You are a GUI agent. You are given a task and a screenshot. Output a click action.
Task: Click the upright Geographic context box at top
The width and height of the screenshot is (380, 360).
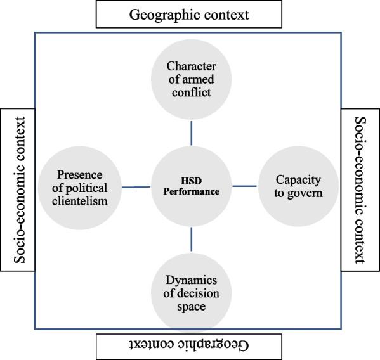pos(188,14)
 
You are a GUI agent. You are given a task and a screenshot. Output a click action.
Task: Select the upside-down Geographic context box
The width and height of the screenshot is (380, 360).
pos(188,345)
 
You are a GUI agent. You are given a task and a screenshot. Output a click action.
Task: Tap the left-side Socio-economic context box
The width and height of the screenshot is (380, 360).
pos(18,189)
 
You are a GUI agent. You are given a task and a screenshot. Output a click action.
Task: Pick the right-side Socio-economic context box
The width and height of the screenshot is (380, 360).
pos(360,189)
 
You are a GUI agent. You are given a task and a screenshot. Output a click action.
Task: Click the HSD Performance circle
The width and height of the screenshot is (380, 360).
pos(191,186)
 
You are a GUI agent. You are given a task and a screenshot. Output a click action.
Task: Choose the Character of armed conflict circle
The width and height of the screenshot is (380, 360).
pos(191,80)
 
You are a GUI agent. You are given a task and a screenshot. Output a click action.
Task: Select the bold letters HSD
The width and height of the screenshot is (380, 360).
pos(191,180)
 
